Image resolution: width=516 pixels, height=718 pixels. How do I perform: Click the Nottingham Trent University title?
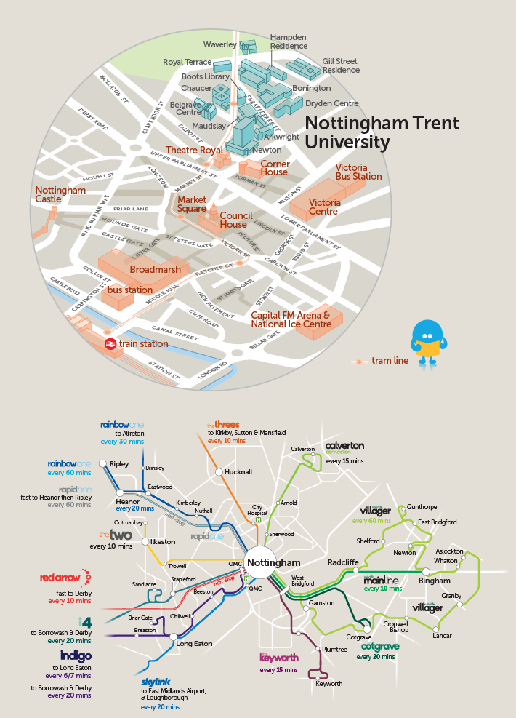tap(382, 132)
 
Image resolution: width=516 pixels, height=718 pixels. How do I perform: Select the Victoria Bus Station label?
tap(358, 172)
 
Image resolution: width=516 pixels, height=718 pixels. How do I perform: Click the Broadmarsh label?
tap(155, 270)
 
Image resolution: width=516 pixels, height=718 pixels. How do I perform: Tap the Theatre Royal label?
tap(195, 150)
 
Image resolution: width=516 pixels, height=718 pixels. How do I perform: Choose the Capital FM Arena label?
tap(291, 319)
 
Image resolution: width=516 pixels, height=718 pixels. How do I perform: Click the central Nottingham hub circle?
tap(273, 563)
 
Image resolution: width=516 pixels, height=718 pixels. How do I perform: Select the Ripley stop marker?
tap(103, 463)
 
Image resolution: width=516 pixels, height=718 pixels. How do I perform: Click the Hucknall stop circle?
tap(218, 472)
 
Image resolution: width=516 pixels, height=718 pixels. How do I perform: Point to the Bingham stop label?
tap(435, 581)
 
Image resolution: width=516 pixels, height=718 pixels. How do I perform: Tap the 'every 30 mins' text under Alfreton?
tap(122, 442)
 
